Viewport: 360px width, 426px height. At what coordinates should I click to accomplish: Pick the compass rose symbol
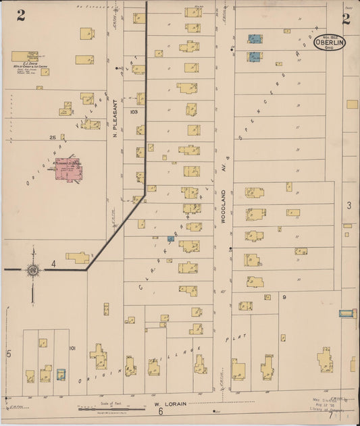point(32,271)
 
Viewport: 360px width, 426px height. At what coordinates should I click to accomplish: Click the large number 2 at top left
point(21,17)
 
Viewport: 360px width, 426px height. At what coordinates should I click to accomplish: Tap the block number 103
point(134,111)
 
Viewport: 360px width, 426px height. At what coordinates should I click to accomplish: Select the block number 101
point(72,349)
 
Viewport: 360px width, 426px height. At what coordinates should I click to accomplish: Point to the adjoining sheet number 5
point(9,353)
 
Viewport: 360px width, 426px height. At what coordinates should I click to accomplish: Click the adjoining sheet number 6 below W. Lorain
point(161,411)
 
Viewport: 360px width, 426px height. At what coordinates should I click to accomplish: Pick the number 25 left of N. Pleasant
point(52,137)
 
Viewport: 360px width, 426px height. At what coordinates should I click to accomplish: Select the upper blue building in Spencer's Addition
point(255,39)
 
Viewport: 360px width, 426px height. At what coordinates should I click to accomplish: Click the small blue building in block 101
point(61,373)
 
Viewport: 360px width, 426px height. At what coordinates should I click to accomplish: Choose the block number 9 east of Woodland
point(285,296)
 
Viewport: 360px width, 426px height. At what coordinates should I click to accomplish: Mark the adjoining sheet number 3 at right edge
point(349,205)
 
